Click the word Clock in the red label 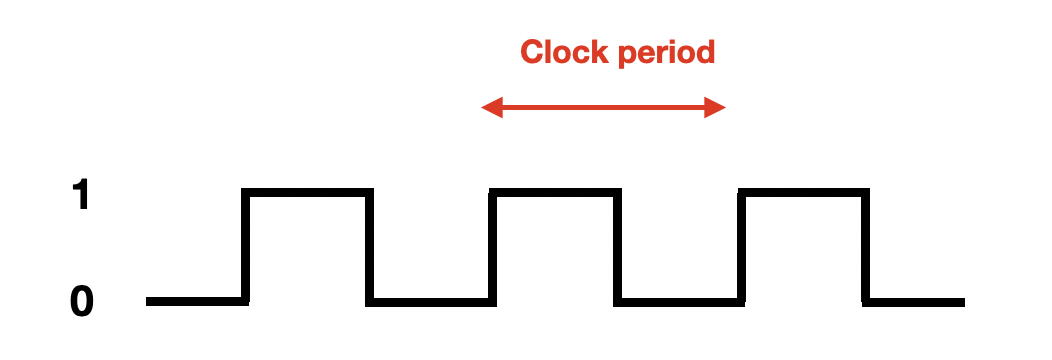[x=564, y=52]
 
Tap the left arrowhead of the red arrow [x=492, y=107]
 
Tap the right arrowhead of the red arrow [x=715, y=107]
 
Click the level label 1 [x=81, y=194]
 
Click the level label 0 [x=82, y=301]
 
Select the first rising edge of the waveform [x=246, y=246]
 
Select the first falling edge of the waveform [x=370, y=246]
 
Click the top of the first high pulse [x=307, y=192]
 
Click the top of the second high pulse [x=556, y=192]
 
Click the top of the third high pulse [x=804, y=192]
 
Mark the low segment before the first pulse [x=197, y=302]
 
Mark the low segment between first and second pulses [x=431, y=302]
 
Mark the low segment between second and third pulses [x=680, y=302]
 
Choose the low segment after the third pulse [x=913, y=302]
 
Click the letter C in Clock [x=531, y=52]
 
